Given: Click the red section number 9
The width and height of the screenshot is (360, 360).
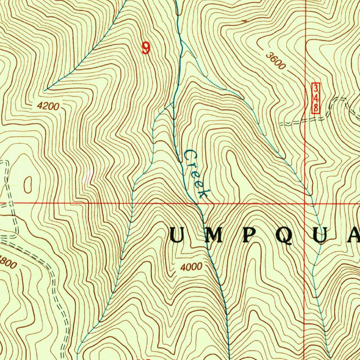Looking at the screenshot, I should click(x=146, y=48).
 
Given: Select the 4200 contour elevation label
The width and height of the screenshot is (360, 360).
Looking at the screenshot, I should click(x=48, y=106).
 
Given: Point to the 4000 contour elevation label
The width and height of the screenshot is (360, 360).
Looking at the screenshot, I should click(x=192, y=267).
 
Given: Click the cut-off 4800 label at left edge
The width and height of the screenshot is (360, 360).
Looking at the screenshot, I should click(x=8, y=262).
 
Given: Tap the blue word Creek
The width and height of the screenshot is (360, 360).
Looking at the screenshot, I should click(x=196, y=174).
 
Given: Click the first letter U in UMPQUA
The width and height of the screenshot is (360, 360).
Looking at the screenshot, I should click(x=177, y=235).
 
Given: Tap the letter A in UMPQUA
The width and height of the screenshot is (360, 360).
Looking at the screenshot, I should click(x=353, y=235).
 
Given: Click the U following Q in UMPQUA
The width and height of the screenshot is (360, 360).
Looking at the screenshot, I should click(x=321, y=235).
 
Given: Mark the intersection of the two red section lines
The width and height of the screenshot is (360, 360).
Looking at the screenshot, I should click(x=305, y=203).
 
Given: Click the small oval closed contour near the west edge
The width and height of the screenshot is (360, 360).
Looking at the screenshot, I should click(x=27, y=184).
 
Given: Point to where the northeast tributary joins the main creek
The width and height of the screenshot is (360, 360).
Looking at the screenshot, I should click(x=182, y=41).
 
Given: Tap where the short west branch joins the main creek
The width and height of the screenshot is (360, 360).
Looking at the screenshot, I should click(x=173, y=104).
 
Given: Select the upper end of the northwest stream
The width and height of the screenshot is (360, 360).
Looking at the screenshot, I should click(x=45, y=90).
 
